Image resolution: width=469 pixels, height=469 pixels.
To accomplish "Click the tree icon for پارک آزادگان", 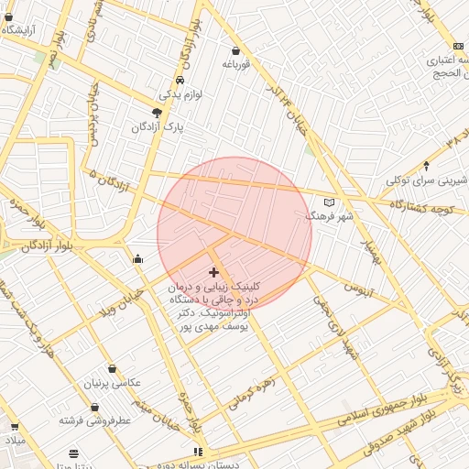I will tap(158, 112).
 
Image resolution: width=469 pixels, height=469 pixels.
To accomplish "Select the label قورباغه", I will tap(235, 64).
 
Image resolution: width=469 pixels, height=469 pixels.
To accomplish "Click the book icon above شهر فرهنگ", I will tap(330, 202).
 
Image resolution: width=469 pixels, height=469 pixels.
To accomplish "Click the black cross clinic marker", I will tap(214, 272).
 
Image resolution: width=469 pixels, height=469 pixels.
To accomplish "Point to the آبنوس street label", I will tap(358, 289).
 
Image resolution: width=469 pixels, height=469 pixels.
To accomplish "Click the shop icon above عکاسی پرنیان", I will tap(112, 369).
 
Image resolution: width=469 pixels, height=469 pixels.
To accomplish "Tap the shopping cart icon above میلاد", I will tap(14, 426).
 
